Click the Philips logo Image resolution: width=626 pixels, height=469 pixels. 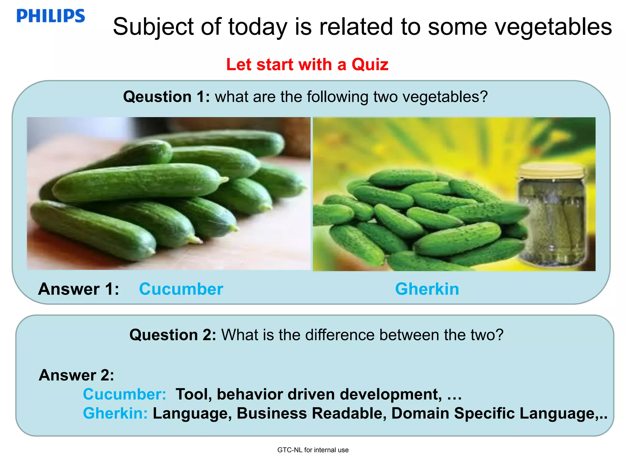[51, 16]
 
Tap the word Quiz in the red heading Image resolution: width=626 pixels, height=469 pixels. [370, 64]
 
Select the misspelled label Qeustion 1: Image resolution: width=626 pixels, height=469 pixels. [166, 97]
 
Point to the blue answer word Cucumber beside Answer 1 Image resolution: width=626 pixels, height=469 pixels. [181, 289]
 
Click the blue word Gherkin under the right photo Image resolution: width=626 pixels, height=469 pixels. [427, 289]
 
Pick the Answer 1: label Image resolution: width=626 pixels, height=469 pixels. [79, 289]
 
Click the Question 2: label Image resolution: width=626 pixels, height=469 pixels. [173, 335]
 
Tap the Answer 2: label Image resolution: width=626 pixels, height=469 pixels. [76, 375]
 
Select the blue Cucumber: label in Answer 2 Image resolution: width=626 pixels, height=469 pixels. [124, 394]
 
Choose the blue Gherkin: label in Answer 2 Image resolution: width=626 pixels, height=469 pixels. [115, 413]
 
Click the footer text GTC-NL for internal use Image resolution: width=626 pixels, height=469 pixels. [313, 450]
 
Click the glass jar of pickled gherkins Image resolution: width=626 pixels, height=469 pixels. [553, 220]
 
